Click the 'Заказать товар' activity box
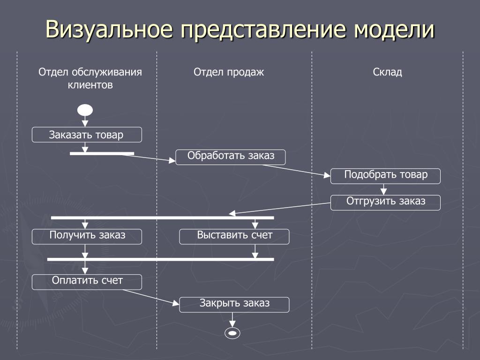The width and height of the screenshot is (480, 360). click(x=87, y=135)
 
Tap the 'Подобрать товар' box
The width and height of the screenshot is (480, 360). click(x=386, y=176)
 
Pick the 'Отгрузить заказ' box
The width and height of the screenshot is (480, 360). click(x=386, y=202)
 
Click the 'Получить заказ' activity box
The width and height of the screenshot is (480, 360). click(x=87, y=236)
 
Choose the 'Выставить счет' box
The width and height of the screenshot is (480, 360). click(x=234, y=236)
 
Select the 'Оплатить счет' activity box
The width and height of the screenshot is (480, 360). click(x=87, y=282)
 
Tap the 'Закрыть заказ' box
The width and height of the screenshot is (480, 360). click(x=234, y=304)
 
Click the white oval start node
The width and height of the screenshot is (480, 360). click(x=85, y=110)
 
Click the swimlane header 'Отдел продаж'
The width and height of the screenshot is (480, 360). click(x=229, y=72)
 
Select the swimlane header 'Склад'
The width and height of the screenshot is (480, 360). click(x=388, y=72)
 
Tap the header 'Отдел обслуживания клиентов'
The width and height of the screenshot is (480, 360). click(x=90, y=79)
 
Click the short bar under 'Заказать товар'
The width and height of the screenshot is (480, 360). click(x=102, y=153)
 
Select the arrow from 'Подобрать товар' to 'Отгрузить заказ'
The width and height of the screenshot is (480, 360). click(x=384, y=189)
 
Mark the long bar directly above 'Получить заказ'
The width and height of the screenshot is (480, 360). click(x=162, y=217)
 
